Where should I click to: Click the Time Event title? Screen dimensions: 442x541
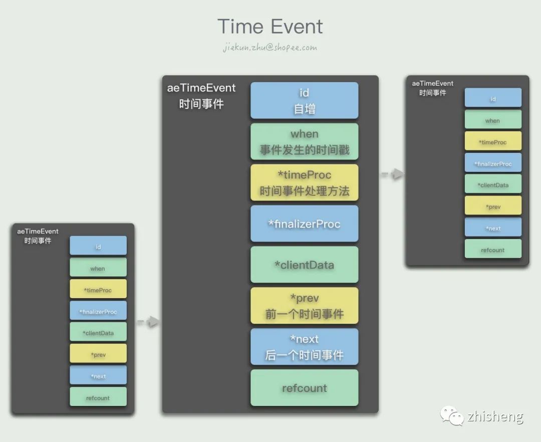270,26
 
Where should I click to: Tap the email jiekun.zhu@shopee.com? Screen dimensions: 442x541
270,48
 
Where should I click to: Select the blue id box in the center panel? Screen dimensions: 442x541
304,100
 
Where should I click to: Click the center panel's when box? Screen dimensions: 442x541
304,141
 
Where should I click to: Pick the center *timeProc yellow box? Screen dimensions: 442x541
304,182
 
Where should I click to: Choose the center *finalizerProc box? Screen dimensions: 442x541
304,224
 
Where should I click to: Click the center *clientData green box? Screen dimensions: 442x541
304,265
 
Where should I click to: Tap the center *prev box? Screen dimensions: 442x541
304,306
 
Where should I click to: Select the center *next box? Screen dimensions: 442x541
304,347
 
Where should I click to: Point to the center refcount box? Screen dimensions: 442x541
304,388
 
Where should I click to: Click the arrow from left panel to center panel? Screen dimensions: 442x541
148,322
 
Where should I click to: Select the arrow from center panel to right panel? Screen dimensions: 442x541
392,174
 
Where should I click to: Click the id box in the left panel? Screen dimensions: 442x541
98,246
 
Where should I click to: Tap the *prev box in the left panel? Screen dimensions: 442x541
98,354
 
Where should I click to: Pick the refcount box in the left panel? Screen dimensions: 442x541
98,397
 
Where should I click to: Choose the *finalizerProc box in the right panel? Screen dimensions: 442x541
493,163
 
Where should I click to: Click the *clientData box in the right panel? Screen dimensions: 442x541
493,184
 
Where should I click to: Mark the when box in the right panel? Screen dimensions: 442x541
493,120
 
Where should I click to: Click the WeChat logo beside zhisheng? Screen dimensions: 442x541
452,415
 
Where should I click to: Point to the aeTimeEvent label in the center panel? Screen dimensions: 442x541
201,88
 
